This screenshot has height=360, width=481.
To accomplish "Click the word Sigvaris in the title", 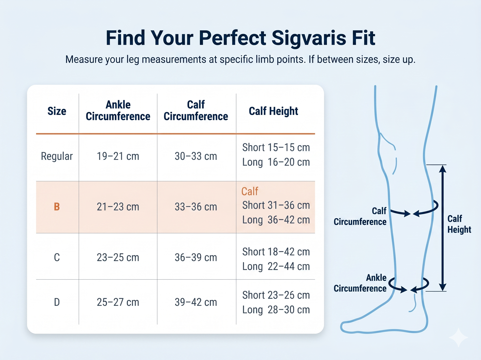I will (x=309, y=38).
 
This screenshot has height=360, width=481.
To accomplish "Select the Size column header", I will (x=57, y=111).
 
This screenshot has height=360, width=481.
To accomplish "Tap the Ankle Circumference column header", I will (x=118, y=111).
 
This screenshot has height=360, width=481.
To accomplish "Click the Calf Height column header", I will (x=273, y=111).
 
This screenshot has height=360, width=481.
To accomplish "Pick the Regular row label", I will (x=57, y=156).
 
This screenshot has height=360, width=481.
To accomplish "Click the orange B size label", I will (x=57, y=207).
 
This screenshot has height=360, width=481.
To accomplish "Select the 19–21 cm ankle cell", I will (x=118, y=156).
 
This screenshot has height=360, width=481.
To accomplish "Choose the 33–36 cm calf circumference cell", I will (x=196, y=207).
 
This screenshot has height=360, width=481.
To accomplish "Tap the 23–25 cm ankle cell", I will (x=118, y=258).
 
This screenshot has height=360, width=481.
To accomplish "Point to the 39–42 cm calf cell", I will (x=196, y=302).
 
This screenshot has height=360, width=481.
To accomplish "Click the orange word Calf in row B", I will (x=250, y=192).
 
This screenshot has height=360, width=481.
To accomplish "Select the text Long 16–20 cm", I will (x=276, y=162).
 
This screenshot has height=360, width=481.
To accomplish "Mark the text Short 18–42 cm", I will (x=276, y=252).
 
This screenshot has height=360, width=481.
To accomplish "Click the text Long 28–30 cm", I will (x=276, y=310).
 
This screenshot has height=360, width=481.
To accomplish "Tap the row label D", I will (x=57, y=302).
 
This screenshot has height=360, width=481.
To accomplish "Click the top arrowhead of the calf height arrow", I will (x=443, y=169).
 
